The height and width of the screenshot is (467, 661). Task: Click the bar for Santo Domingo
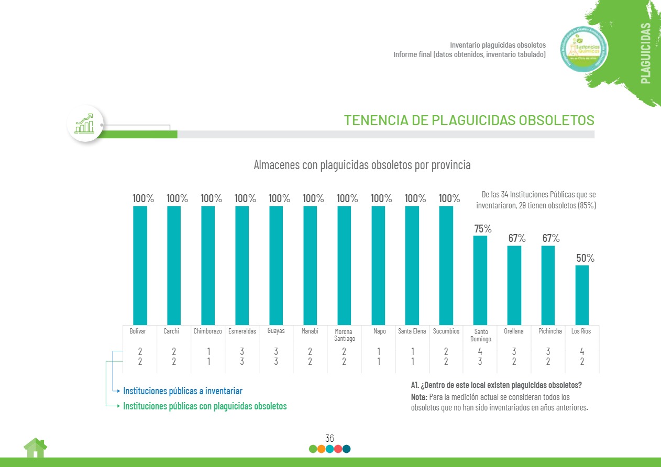[480, 280]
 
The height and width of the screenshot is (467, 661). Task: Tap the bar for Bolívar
[140, 265]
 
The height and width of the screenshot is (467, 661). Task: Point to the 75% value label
[482, 229]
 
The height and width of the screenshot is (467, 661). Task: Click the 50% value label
[585, 258]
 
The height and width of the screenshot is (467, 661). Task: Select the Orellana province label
[514, 331]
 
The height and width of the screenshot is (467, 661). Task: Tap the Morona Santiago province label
[344, 335]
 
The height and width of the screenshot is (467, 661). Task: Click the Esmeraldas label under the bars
[242, 331]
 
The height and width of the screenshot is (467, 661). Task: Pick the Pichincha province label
[550, 331]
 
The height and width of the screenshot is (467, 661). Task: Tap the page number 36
[329, 438]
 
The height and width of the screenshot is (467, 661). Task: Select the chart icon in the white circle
[85, 124]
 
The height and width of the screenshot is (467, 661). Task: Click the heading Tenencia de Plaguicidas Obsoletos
[469, 120]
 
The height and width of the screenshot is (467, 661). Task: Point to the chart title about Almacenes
[362, 165]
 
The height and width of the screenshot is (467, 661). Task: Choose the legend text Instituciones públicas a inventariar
[182, 391]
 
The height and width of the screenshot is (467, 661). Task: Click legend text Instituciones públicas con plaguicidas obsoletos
[205, 406]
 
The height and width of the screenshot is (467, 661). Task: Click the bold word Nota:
[419, 397]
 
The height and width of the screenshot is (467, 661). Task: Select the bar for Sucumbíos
[446, 265]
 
